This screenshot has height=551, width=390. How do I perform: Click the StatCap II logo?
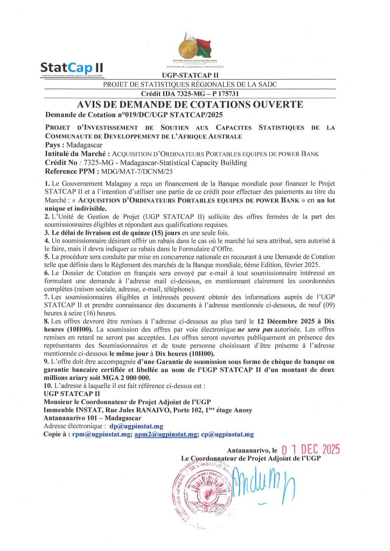(71, 68)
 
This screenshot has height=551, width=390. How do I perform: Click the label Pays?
(55, 145)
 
